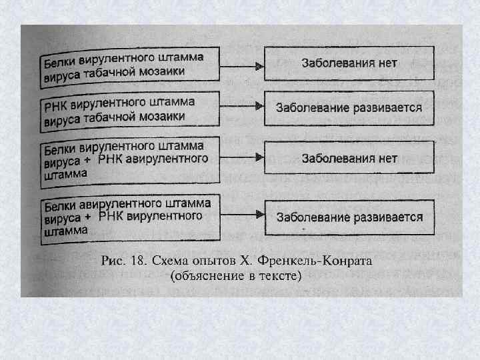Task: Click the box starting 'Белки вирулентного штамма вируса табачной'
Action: [131, 65]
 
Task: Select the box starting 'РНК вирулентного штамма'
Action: [131, 109]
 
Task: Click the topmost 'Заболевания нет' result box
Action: [349, 64]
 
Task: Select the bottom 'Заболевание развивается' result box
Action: [349, 217]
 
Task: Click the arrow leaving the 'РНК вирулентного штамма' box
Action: [243, 107]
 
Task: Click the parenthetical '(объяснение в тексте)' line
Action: [237, 275]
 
